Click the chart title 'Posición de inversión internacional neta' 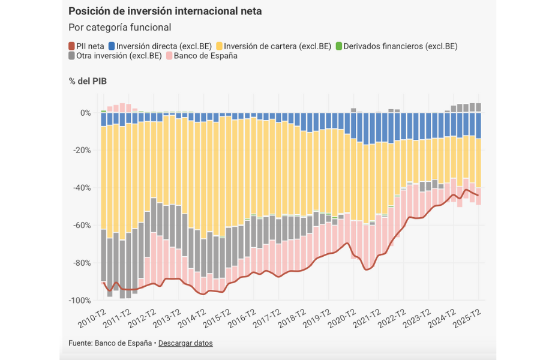coord(165,11)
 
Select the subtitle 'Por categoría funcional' coord(120,28)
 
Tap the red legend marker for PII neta coord(72,46)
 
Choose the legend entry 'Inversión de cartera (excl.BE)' coord(278,46)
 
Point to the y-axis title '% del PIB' coord(88,81)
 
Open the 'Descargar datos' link coord(185,343)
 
